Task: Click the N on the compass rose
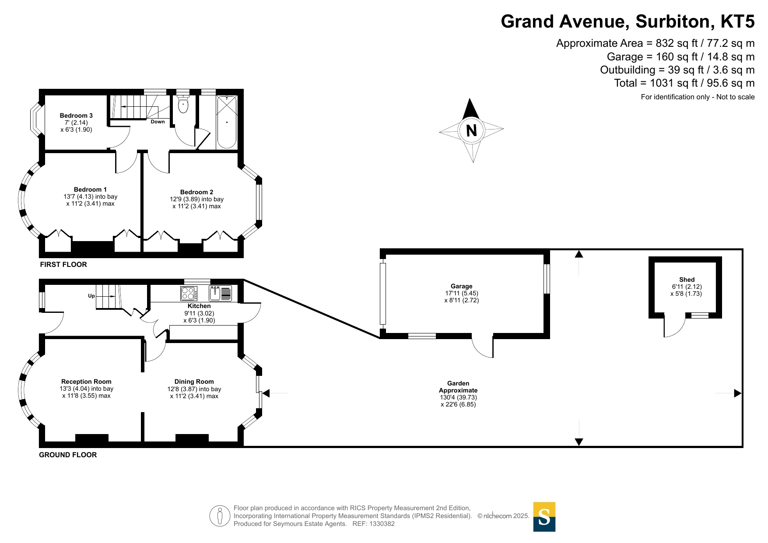click(471, 131)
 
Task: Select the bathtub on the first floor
click(227, 122)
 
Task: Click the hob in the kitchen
click(189, 293)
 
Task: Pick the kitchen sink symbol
click(221, 293)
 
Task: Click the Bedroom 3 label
click(76, 116)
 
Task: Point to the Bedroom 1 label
click(90, 189)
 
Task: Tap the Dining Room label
click(194, 382)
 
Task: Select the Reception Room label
click(86, 382)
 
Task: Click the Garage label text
click(462, 286)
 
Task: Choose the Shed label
click(687, 280)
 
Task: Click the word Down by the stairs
click(158, 122)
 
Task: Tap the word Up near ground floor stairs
click(91, 296)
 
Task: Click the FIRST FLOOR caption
click(63, 264)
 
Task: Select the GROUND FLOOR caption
click(68, 455)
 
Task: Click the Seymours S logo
click(544, 517)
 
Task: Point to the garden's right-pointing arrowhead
click(738, 393)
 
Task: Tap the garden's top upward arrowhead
click(579, 254)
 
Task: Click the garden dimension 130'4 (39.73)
click(458, 397)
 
